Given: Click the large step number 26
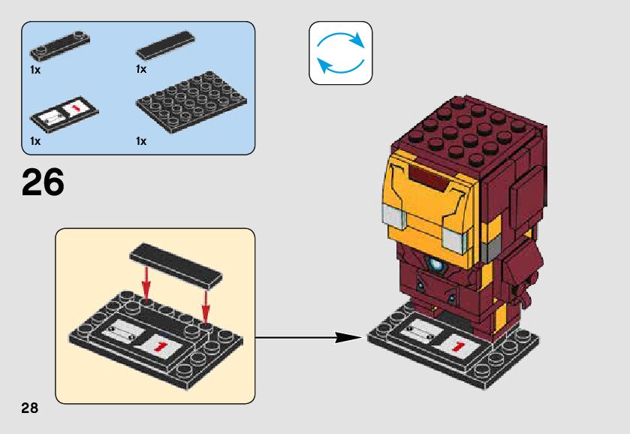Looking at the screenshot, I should click(44, 182).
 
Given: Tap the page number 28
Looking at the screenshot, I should click(30, 408).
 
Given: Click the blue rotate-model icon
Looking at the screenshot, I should click(340, 53).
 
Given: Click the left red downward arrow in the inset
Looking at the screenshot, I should click(147, 284).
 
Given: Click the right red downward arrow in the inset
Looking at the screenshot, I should click(205, 302).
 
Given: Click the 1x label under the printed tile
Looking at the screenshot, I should click(35, 140).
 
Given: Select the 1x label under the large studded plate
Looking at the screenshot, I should click(141, 140).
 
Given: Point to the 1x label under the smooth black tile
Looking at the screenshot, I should click(141, 69).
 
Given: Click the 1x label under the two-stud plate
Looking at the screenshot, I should click(35, 69).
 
